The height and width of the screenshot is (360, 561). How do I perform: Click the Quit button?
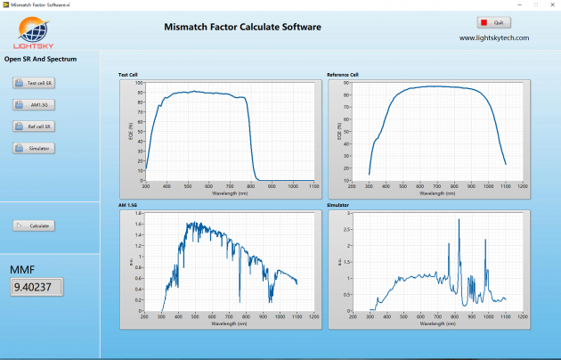point(493,22)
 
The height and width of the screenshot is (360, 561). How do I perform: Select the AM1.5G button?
point(34,104)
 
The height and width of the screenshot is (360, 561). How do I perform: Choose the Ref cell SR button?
point(34,127)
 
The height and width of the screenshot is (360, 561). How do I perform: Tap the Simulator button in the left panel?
point(34,148)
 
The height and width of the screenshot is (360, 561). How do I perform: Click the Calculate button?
point(34,225)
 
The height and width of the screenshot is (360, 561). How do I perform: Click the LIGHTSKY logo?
point(37,34)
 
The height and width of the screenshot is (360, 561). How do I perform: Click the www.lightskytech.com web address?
point(494,38)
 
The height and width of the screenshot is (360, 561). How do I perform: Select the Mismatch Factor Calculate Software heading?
point(242,27)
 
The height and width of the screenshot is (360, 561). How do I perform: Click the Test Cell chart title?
point(128,75)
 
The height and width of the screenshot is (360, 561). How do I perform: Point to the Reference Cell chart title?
point(343,75)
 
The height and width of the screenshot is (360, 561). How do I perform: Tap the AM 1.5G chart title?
point(128,206)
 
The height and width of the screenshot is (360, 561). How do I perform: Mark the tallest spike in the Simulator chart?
point(459,219)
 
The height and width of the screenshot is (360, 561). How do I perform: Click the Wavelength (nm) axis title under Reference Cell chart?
point(436,192)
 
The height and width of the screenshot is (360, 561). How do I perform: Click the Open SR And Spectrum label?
point(41,60)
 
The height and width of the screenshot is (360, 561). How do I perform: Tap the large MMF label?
point(22,268)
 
